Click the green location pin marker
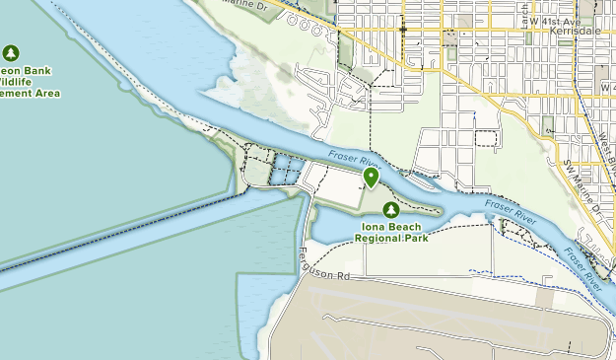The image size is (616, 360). point(372,177)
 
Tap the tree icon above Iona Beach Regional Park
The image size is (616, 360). point(391,210)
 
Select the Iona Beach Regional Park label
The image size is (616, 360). point(391,232)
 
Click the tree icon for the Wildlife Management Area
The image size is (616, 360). point(11,52)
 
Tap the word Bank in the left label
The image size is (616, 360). point(37,70)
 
